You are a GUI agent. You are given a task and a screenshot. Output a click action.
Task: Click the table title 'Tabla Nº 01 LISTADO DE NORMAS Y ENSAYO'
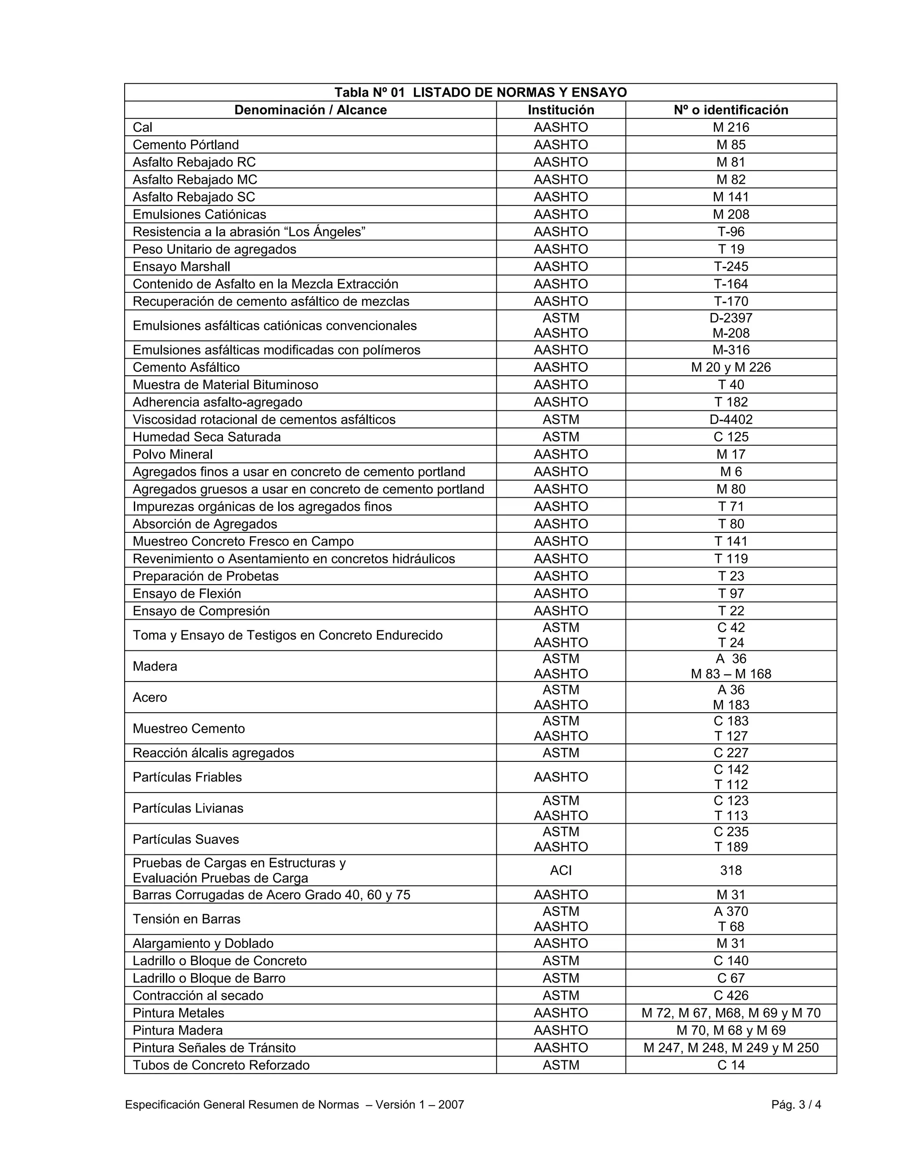point(480,93)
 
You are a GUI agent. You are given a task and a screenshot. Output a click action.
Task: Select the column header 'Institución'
point(561,110)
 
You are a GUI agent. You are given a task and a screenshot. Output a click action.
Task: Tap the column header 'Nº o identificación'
point(731,110)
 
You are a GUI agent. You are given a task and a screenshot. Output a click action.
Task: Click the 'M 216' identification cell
point(731,127)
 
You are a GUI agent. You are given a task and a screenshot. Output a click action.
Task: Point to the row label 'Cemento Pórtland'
point(186,145)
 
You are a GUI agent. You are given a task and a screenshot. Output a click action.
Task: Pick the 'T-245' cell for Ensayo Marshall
point(731,267)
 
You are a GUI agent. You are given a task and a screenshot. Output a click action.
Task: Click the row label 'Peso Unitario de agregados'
point(214,249)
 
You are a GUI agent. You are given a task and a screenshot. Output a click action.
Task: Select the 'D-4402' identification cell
point(731,420)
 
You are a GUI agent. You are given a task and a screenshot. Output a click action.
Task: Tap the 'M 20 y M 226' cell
point(731,367)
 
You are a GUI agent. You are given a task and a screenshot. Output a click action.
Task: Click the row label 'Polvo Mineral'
point(173,454)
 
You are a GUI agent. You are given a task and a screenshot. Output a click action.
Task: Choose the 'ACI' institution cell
point(561,871)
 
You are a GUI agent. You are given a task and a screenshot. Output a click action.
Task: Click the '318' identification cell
point(731,871)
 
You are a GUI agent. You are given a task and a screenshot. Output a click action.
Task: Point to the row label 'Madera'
point(155,666)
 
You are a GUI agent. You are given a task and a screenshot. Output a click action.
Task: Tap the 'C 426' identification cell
point(731,996)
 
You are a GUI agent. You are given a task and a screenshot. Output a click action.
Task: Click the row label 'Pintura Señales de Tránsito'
point(214,1048)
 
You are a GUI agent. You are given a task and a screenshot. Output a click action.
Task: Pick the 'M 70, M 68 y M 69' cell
point(731,1030)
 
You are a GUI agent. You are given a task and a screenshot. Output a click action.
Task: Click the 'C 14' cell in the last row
point(731,1065)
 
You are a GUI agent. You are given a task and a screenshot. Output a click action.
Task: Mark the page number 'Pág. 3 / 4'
point(796,1105)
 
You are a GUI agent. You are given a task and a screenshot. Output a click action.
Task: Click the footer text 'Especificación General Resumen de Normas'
point(242,1105)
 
